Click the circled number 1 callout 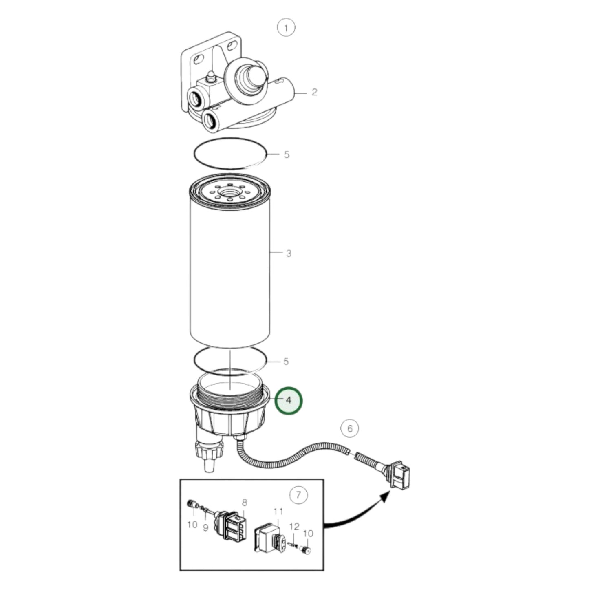pyautogui.click(x=286, y=28)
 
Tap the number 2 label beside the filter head pyautogui.click(x=314, y=92)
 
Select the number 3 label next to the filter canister pyautogui.click(x=289, y=253)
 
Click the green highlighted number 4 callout pyautogui.click(x=289, y=400)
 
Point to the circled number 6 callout pyautogui.click(x=350, y=428)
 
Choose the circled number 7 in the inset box pyautogui.click(x=299, y=494)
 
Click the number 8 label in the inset pyautogui.click(x=244, y=502)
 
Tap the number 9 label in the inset pyautogui.click(x=205, y=528)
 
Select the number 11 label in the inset pyautogui.click(x=278, y=512)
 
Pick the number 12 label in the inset pyautogui.click(x=294, y=526)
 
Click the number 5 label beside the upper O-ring pyautogui.click(x=287, y=154)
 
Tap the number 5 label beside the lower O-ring pyautogui.click(x=286, y=361)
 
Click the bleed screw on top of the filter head pyautogui.click(x=211, y=76)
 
